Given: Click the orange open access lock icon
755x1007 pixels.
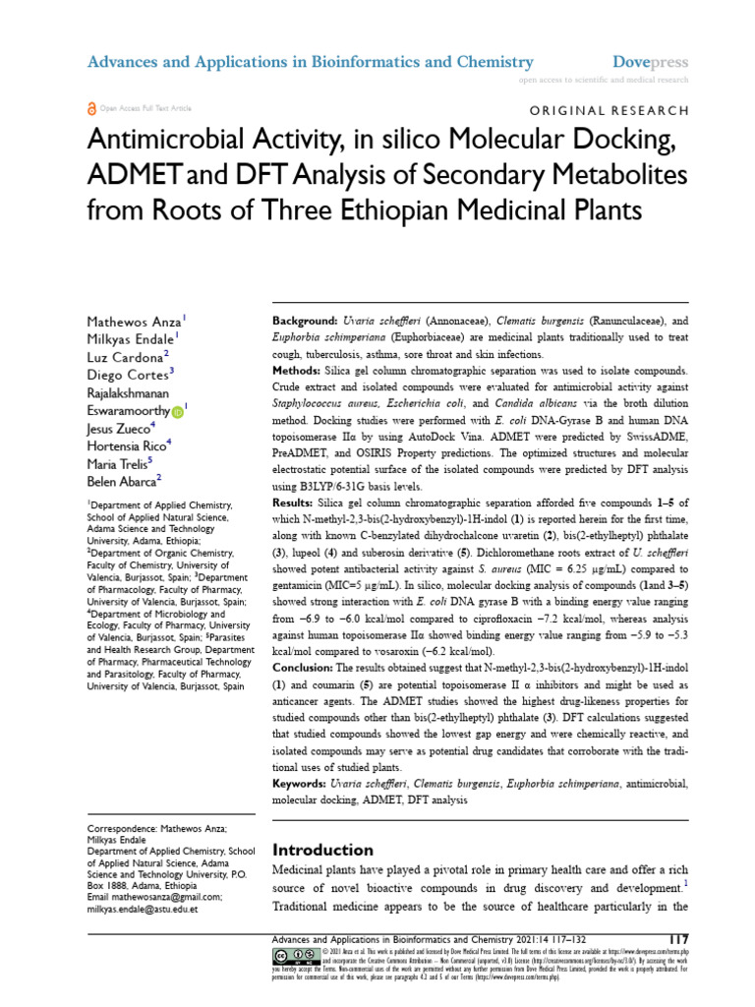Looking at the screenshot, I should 92,108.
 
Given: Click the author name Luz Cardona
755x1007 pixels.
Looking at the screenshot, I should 127,357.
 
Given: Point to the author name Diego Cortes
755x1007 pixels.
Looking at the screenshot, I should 129,375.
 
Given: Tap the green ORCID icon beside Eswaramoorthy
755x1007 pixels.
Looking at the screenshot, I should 177,411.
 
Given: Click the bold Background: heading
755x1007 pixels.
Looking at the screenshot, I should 304,322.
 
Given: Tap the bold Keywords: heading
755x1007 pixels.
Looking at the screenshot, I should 302,783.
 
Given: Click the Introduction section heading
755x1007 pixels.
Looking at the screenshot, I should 322,850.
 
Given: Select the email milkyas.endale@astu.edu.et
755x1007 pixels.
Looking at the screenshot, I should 144,909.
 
